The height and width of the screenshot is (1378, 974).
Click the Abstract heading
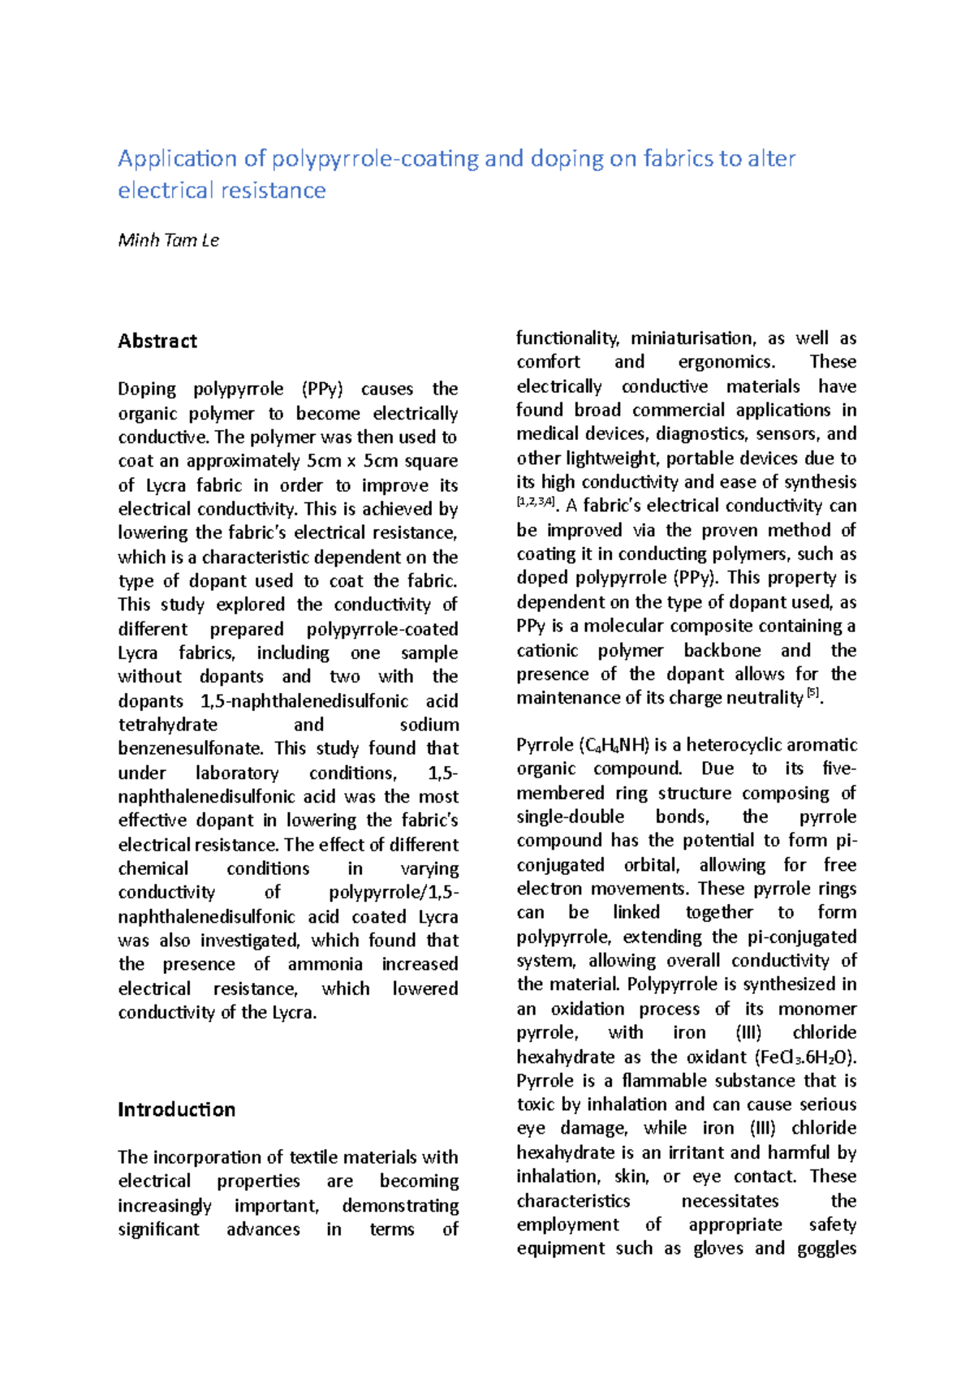[x=157, y=341]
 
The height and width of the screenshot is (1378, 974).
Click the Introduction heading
[x=176, y=1109]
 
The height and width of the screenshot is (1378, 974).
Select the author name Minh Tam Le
[x=168, y=240]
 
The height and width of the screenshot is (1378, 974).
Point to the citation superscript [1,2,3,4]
[x=535, y=502]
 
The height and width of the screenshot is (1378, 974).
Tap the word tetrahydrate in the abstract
[x=167, y=725]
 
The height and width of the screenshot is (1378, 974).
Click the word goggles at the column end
[x=826, y=1248]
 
